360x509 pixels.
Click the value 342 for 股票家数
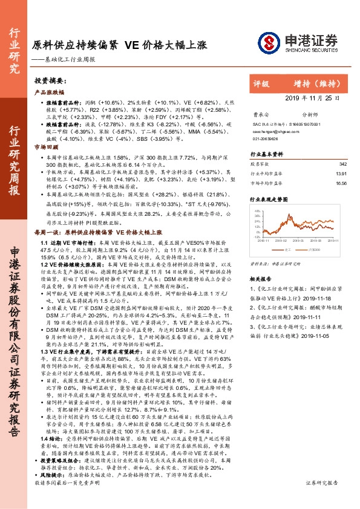[342, 164]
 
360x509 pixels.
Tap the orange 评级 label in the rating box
[261, 85]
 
